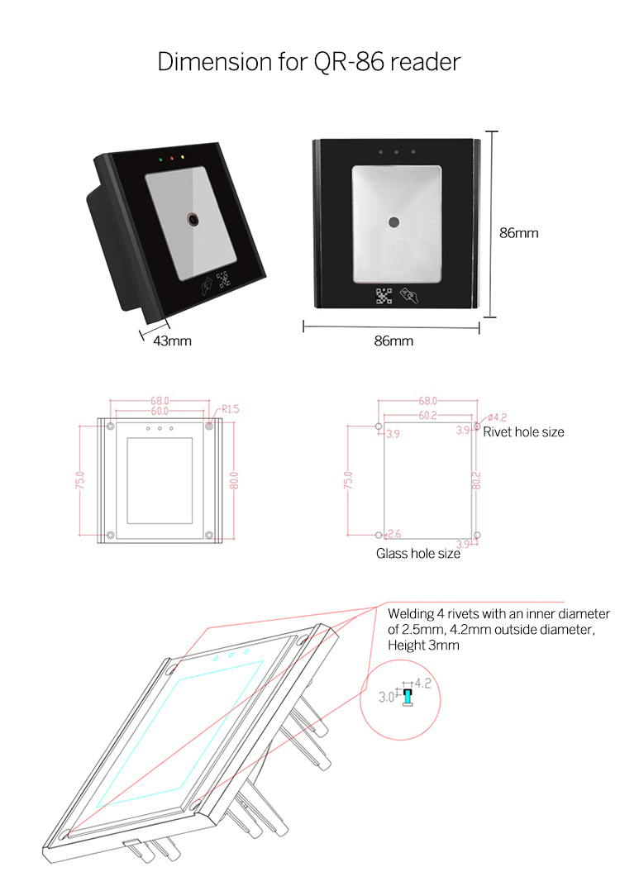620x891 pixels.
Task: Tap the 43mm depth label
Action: click(x=172, y=341)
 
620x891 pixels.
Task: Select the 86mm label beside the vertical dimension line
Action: click(x=518, y=233)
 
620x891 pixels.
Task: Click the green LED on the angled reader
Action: click(x=159, y=157)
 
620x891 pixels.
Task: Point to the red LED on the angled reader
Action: click(x=170, y=156)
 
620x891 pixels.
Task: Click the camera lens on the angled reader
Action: click(x=193, y=220)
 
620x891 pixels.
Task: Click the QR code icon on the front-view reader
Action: click(x=383, y=295)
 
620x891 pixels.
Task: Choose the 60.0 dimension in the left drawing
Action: click(x=160, y=410)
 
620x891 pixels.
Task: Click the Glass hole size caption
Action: click(x=418, y=554)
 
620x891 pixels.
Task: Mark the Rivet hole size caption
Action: click(x=523, y=432)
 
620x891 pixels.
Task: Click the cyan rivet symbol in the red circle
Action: click(x=407, y=698)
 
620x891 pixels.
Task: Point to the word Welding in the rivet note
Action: click(x=412, y=614)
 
